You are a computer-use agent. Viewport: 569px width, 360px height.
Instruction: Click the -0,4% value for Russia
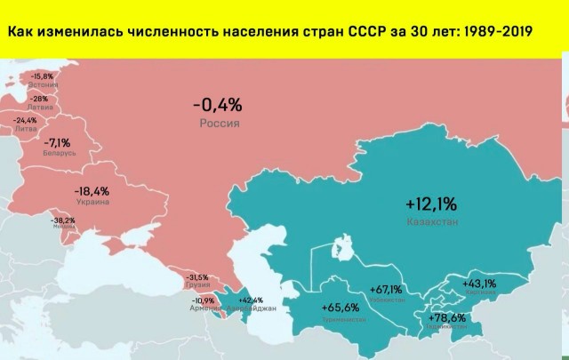point(217,106)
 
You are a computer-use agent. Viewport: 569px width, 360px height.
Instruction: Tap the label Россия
point(218,124)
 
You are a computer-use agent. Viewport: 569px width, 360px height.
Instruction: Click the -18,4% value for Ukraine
point(92,191)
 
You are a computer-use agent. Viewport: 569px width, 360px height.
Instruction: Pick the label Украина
point(92,202)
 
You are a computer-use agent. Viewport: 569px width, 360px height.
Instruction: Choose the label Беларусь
point(59,153)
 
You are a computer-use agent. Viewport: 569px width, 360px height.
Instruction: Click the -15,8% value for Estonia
point(42,77)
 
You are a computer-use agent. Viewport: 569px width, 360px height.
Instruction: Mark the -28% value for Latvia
point(39,99)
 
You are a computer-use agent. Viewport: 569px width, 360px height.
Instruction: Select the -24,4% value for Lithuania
point(25,120)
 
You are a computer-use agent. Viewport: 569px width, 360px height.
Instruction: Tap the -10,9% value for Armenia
point(204,300)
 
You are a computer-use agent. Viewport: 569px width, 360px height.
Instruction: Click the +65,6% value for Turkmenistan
point(341,307)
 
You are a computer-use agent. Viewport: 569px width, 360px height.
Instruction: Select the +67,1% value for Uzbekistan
point(386,289)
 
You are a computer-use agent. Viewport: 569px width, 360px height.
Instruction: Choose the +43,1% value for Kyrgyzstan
point(479,284)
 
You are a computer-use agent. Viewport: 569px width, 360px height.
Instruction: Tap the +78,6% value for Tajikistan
point(448,317)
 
